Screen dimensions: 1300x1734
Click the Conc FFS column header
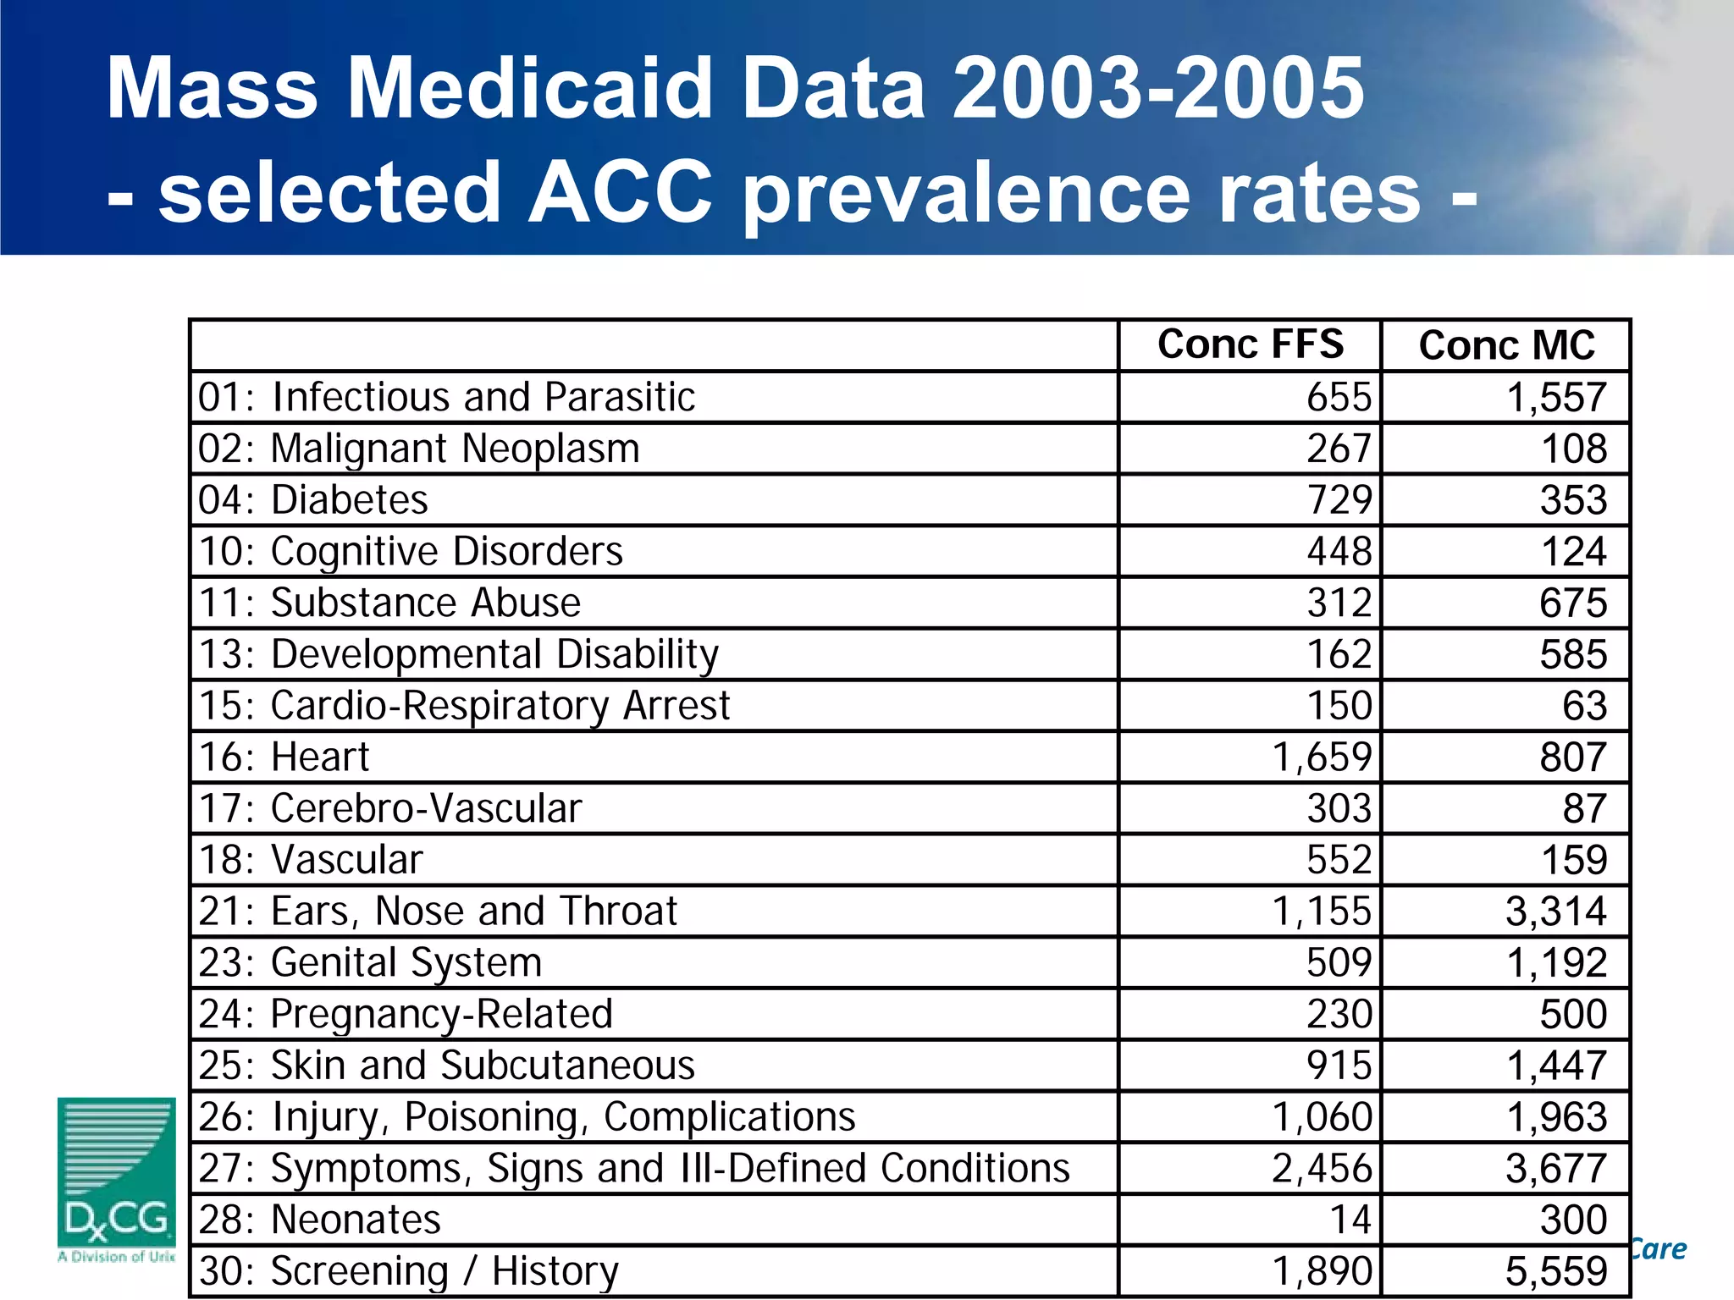(1250, 344)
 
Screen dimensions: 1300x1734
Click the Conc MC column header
(1506, 345)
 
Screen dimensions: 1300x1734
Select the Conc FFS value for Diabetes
(1339, 499)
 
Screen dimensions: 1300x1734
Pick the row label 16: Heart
(284, 757)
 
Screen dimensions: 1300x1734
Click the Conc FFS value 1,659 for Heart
(1321, 757)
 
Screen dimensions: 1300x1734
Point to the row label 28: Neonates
(319, 1220)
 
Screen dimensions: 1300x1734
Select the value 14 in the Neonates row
(1350, 1220)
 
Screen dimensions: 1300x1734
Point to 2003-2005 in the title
(1157, 88)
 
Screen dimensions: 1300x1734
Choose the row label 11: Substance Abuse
(389, 603)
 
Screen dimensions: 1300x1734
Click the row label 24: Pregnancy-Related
(406, 1014)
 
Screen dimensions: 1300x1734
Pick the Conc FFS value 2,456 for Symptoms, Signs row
(1321, 1168)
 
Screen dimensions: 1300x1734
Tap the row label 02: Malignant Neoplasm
(418, 449)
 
